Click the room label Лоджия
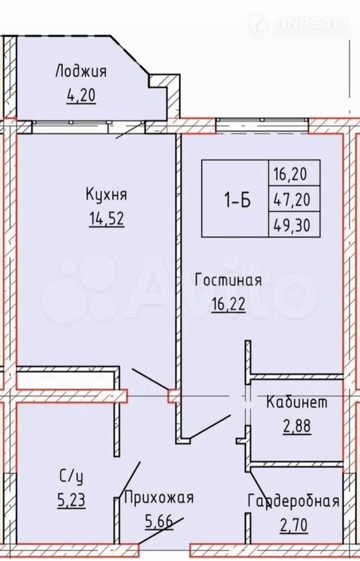coord(81,72)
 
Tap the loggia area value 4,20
coord(81,96)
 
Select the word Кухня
coord(106,195)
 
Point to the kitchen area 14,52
coord(106,219)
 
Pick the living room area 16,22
coord(228,305)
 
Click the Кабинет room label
coord(297,402)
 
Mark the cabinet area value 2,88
coord(297,426)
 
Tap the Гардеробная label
coord(293,501)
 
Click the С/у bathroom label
coord(72,477)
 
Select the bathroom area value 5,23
coord(72,500)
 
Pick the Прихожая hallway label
coord(159,498)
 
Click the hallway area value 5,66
coord(159,522)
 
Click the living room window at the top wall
coord(262,125)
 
